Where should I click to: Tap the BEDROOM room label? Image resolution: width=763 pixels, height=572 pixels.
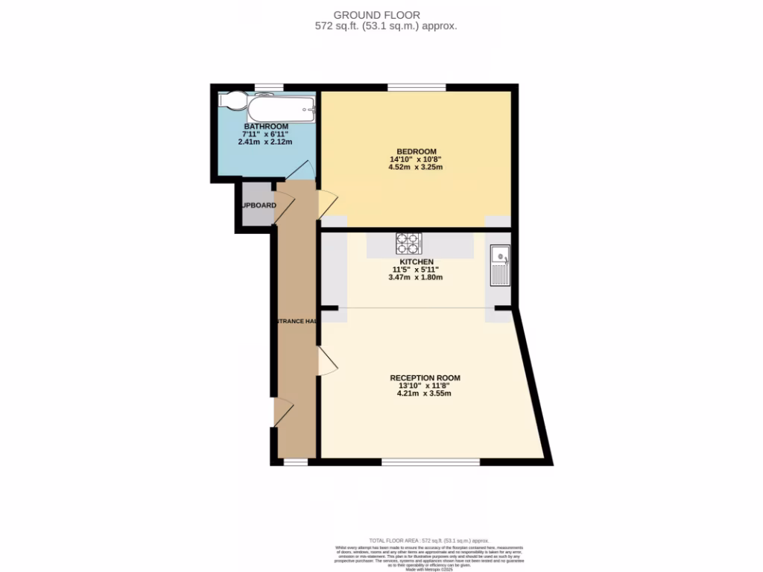click(415, 152)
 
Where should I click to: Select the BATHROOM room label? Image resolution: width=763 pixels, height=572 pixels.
click(266, 127)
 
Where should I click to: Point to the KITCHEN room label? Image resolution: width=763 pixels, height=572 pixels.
click(416, 262)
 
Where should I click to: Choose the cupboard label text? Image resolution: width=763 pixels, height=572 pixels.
click(258, 206)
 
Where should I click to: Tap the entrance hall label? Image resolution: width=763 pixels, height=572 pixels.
click(295, 321)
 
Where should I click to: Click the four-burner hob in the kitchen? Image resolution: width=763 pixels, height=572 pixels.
click(408, 243)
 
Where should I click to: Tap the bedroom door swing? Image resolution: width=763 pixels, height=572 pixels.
click(328, 201)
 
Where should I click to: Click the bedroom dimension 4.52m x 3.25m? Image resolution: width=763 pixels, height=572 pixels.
click(415, 167)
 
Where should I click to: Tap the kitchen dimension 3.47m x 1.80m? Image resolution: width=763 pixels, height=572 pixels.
click(416, 277)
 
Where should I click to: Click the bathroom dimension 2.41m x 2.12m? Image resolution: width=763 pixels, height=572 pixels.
click(265, 142)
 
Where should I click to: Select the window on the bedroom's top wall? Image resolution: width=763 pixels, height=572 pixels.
click(417, 87)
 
